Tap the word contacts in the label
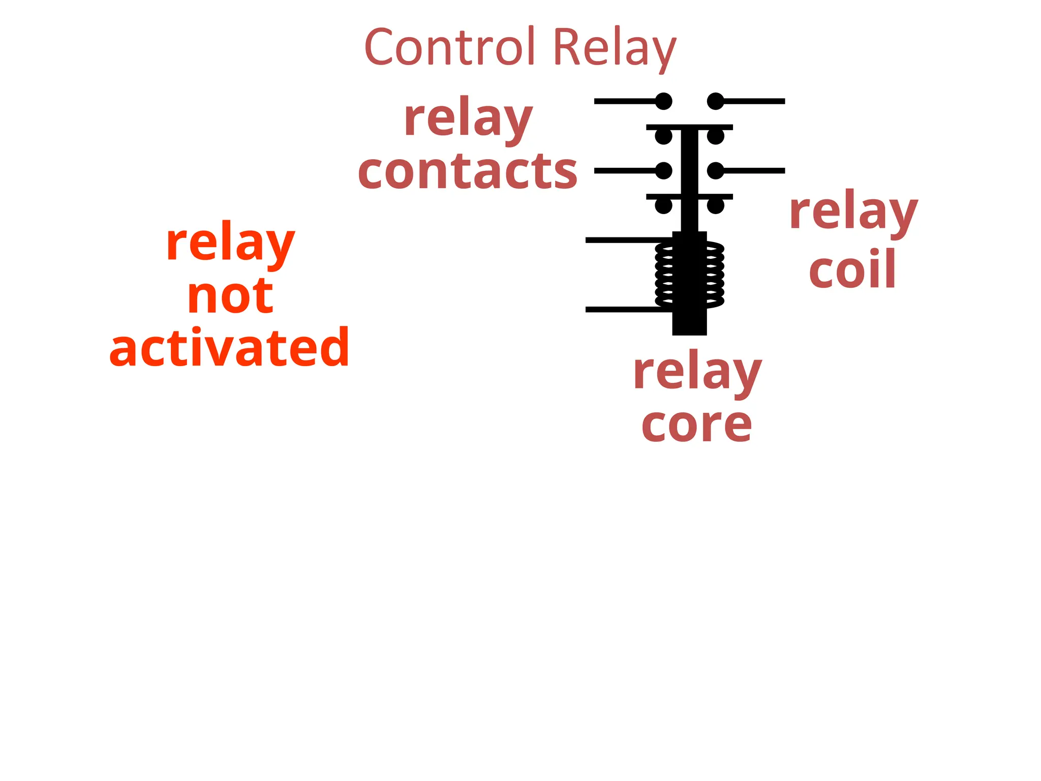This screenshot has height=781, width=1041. click(x=467, y=171)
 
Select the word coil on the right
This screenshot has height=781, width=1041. click(x=852, y=269)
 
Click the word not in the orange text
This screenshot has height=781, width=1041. click(x=230, y=296)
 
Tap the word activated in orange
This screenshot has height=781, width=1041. click(x=229, y=348)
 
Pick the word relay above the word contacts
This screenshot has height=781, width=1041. click(x=468, y=119)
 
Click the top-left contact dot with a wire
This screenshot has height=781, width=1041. click(x=663, y=101)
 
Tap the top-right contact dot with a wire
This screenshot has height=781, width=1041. click(x=716, y=101)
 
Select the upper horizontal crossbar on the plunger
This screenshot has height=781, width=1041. click(x=689, y=127)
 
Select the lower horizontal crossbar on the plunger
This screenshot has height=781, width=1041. click(x=689, y=196)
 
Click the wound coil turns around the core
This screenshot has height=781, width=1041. click(x=714, y=275)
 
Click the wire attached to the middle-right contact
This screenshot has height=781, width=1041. click(x=755, y=171)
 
